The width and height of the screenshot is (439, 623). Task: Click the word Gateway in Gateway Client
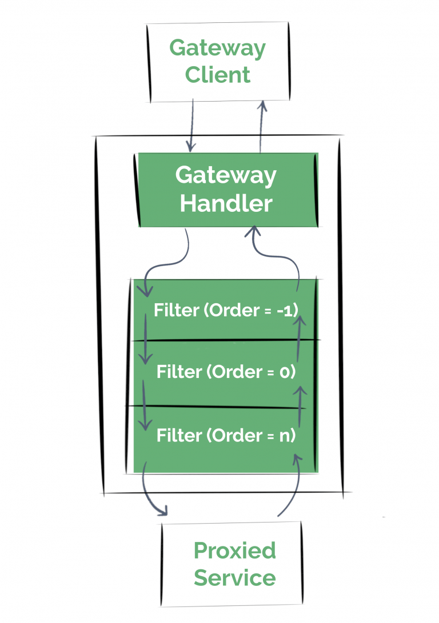[x=217, y=49]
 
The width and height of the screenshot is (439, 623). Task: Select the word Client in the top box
[x=217, y=75]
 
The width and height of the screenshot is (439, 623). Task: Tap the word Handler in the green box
[x=226, y=203]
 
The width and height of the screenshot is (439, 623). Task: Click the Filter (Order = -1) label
[x=226, y=310]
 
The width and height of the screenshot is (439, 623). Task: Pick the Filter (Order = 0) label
[x=226, y=372]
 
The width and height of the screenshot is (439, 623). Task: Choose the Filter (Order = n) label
[x=226, y=436]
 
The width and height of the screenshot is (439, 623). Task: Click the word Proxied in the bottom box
[x=234, y=551]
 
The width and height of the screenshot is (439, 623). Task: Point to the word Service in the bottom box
[x=234, y=578]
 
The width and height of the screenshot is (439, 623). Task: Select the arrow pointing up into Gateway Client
[x=262, y=126]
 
